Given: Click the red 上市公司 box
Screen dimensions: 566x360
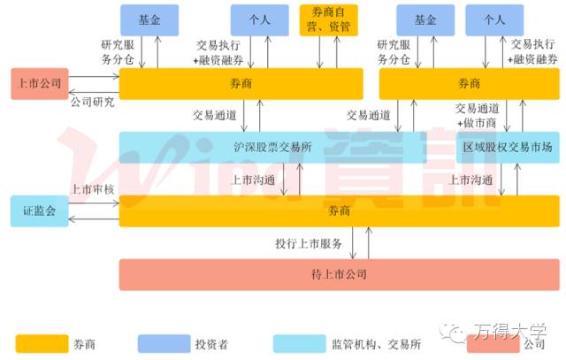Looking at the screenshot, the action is coord(38,84).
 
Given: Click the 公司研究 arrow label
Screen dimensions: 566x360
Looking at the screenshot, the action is coord(93,102).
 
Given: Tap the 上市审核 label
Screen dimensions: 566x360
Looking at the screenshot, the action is coord(93,189).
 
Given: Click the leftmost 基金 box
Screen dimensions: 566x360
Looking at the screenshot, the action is coord(150,19).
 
